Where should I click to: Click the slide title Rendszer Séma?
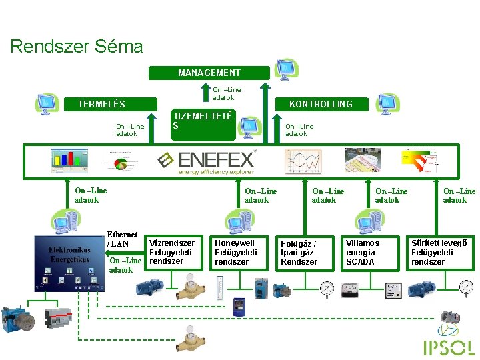click(77, 47)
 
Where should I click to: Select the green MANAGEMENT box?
click(209, 73)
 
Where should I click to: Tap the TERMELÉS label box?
click(101, 104)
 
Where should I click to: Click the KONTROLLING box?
click(320, 104)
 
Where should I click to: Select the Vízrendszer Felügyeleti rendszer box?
click(173, 252)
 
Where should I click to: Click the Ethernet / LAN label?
click(122, 239)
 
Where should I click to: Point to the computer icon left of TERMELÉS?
click(48, 104)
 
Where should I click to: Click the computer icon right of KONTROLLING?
click(387, 104)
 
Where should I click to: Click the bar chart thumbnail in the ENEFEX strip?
click(70, 159)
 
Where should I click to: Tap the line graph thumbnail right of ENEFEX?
click(303, 161)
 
